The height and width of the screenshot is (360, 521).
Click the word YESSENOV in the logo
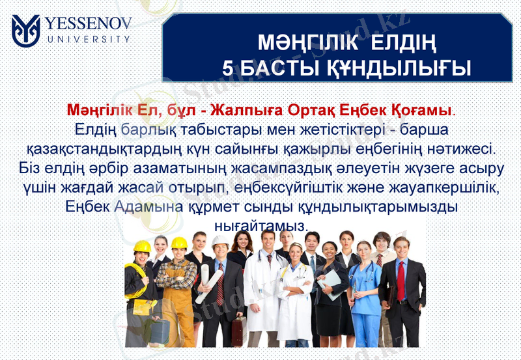click(x=89, y=25)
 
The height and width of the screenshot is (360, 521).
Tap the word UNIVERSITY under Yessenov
click(x=88, y=39)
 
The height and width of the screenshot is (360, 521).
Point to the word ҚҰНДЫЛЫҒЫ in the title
click(x=397, y=67)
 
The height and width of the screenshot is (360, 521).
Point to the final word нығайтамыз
click(x=260, y=225)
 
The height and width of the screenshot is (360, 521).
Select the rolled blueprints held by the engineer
click(x=208, y=286)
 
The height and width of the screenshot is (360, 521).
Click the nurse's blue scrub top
click(x=367, y=293)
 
